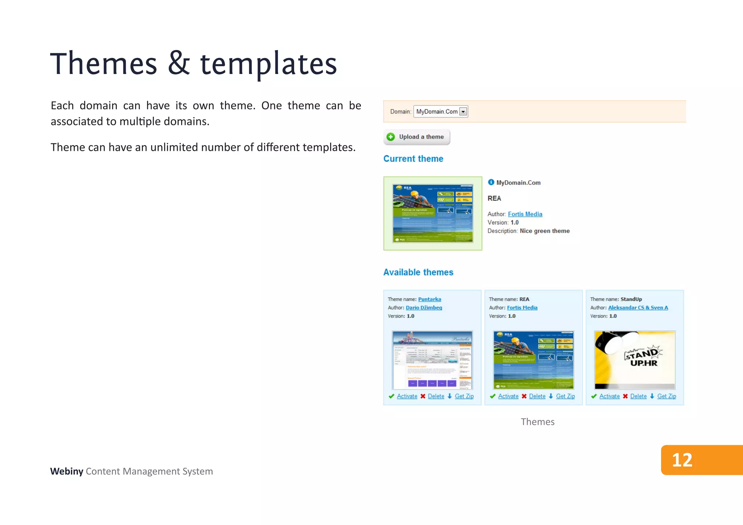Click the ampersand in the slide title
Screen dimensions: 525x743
pyautogui.click(x=179, y=63)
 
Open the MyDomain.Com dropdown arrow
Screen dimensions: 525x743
pyautogui.click(x=463, y=112)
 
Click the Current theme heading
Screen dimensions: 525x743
pyautogui.click(x=413, y=159)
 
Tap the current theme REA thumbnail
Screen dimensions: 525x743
pyautogui.click(x=433, y=214)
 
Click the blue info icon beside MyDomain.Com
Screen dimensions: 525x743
pyautogui.click(x=491, y=182)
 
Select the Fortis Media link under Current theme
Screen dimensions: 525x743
pyautogui.click(x=525, y=214)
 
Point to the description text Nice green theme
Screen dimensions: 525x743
pyautogui.click(x=545, y=231)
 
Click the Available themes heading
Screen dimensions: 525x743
pyautogui.click(x=418, y=272)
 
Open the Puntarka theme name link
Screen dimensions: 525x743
pyautogui.click(x=430, y=299)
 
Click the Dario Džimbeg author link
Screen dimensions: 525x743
pyautogui.click(x=424, y=307)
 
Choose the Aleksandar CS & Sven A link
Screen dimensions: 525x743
pyautogui.click(x=638, y=307)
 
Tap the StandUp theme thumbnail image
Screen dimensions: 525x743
pyautogui.click(x=635, y=360)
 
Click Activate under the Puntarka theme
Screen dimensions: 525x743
pyautogui.click(x=407, y=396)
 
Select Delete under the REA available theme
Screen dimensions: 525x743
pyautogui.click(x=537, y=396)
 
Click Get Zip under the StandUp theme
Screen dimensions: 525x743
pyautogui.click(x=666, y=396)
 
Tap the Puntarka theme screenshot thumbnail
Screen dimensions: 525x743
pyautogui.click(x=432, y=360)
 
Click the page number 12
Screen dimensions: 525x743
pyautogui.click(x=682, y=460)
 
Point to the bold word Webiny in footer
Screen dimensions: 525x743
pyautogui.click(x=67, y=471)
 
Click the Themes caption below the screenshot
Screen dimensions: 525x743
pyautogui.click(x=538, y=422)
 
